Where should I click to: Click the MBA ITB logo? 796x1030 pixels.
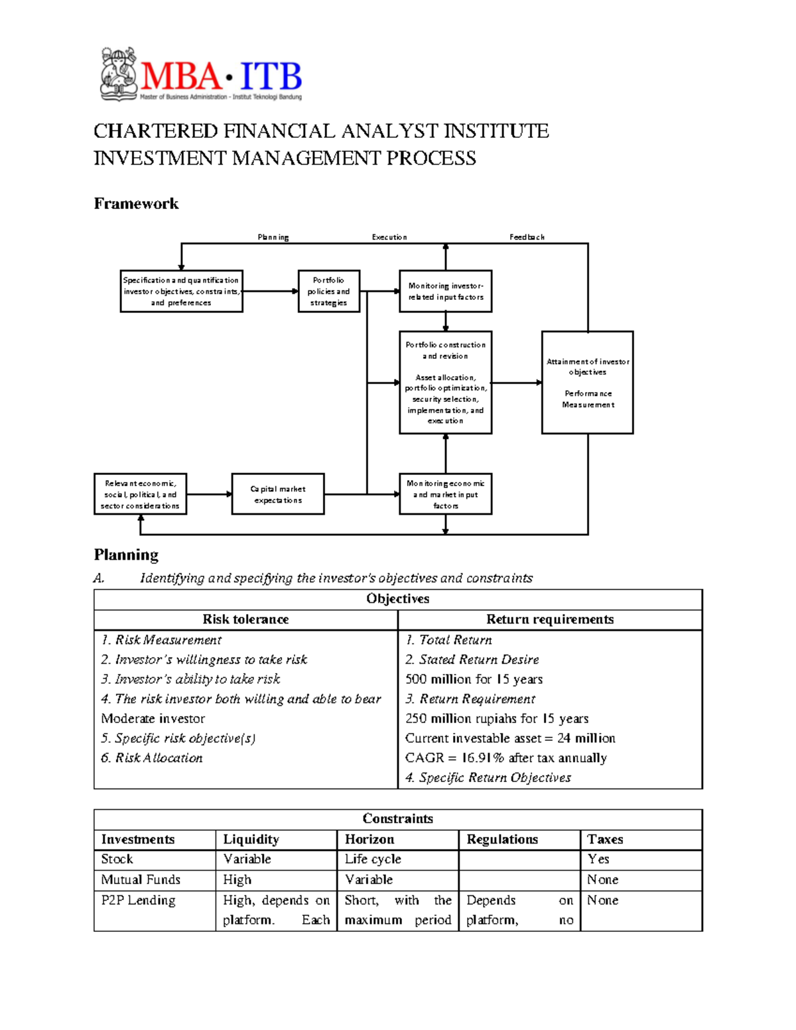201,75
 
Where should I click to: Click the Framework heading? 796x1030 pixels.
136,204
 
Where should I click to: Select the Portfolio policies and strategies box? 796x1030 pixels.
328,291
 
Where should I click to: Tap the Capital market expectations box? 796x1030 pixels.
278,494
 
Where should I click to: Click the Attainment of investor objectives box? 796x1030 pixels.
587,383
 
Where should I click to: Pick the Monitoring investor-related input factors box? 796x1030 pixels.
445,291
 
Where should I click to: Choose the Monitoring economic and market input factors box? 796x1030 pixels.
445,494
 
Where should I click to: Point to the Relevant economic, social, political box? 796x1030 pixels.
140,494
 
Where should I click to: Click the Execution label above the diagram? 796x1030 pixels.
389,237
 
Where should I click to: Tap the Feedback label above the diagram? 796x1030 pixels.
527,237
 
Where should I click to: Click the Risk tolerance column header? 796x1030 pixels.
245,619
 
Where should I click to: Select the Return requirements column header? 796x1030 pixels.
550,619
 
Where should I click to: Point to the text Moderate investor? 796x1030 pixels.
153,718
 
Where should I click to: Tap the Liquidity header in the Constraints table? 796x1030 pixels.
251,840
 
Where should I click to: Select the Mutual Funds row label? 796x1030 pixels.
141,879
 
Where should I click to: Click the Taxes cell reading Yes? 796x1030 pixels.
598,859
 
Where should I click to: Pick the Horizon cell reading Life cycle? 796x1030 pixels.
373,859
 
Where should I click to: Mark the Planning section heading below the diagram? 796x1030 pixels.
126,554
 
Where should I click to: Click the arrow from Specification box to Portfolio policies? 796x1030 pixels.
270,291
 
